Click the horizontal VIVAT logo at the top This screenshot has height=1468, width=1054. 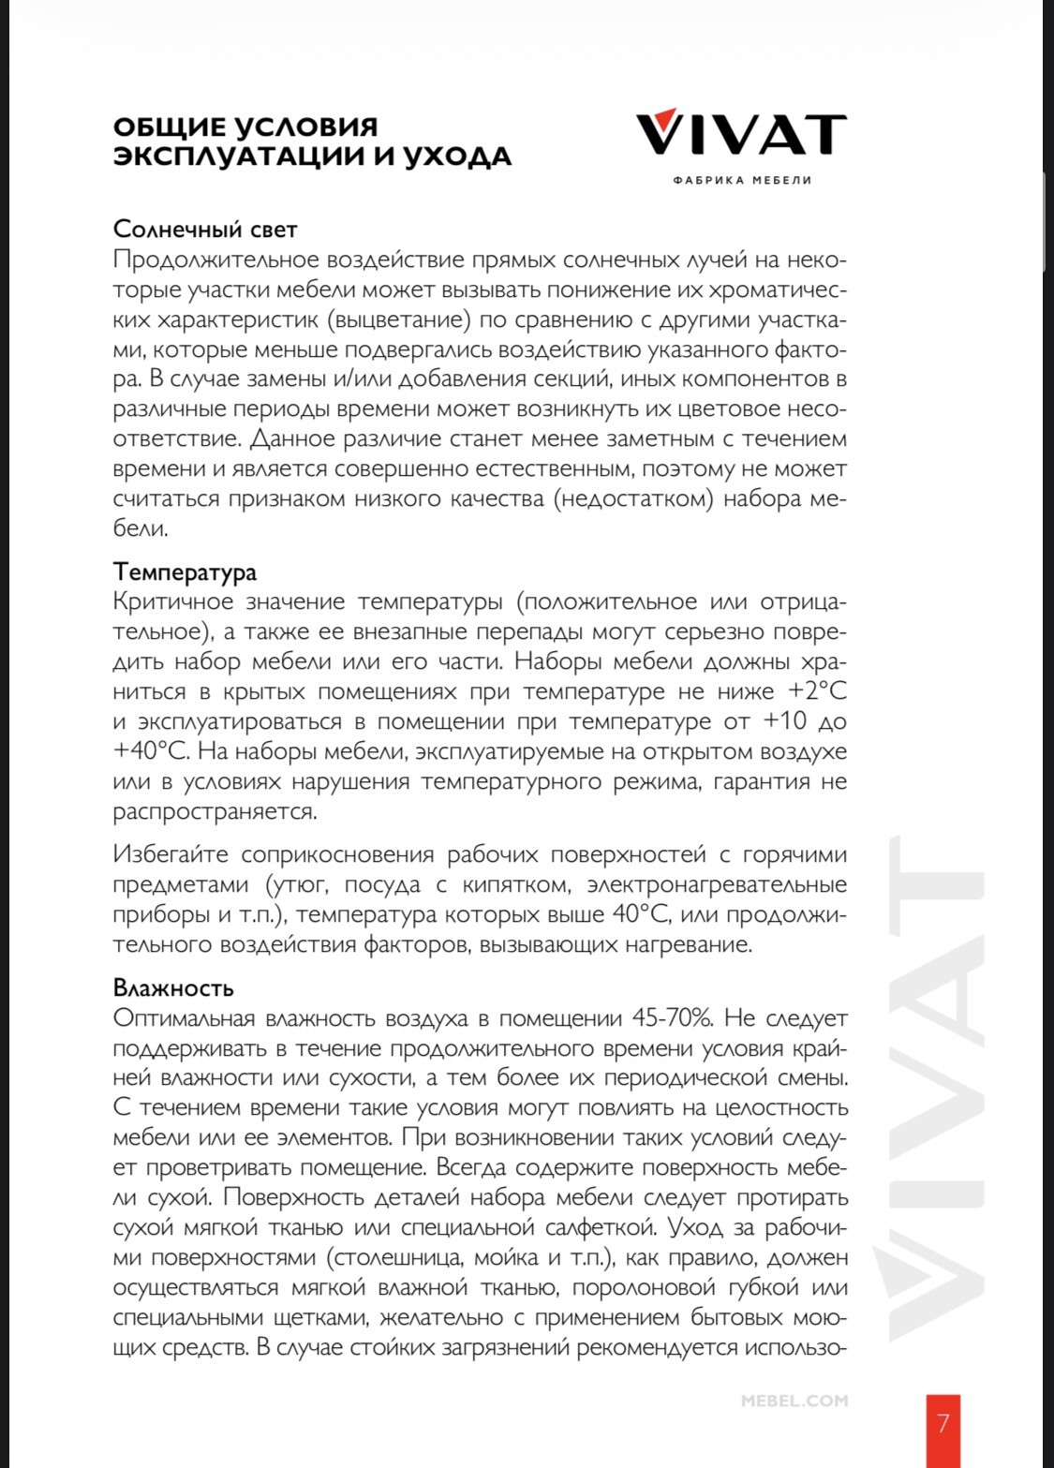(741, 133)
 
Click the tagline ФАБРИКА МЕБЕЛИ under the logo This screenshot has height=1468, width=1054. (742, 180)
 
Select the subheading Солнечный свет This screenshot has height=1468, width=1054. (205, 230)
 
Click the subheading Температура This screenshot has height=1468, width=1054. (185, 571)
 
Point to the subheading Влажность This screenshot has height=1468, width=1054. (173, 988)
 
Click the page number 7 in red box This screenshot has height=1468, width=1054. (943, 1424)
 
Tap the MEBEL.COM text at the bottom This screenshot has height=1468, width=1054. (794, 1401)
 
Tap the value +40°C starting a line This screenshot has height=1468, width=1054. (152, 752)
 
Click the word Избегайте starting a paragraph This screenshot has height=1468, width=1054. (171, 854)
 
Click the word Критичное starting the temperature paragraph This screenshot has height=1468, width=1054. (172, 601)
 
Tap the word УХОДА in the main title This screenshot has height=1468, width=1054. (457, 156)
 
